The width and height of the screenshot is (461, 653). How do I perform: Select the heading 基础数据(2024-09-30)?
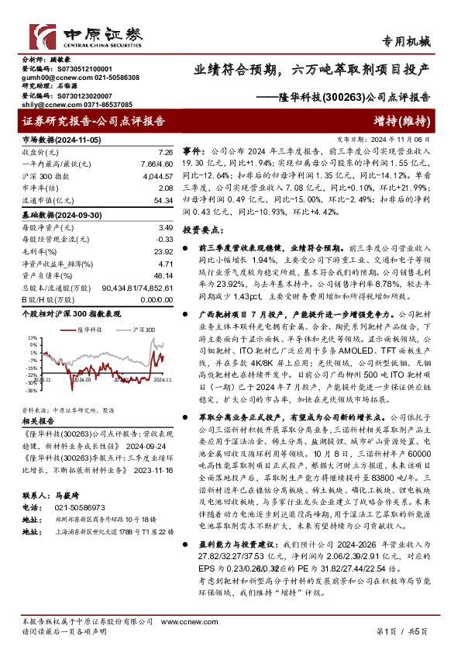(x=55, y=213)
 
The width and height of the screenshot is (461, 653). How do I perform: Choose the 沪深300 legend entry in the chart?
(x=143, y=329)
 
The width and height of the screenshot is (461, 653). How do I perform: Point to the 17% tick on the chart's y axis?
(x=31, y=339)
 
